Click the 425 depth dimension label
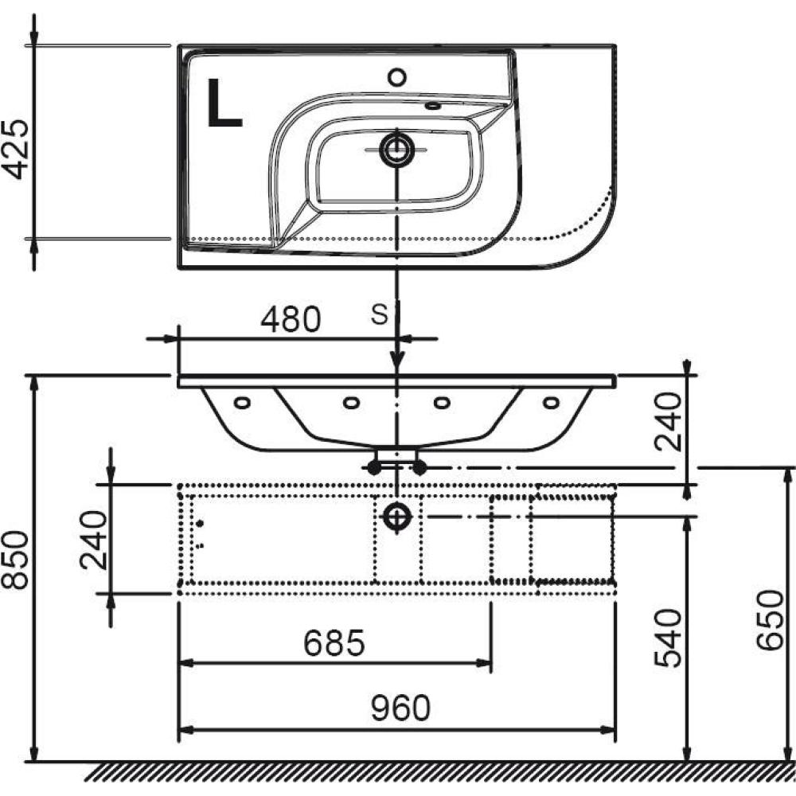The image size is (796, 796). [16, 150]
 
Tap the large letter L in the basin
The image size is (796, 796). [224, 103]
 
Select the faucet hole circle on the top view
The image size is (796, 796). [397, 77]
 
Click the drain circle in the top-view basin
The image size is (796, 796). [397, 150]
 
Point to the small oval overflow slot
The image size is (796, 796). [433, 106]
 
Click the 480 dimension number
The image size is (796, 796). [291, 319]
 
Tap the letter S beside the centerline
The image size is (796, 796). [379, 314]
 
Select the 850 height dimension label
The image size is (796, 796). [14, 559]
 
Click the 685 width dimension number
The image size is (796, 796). [334, 642]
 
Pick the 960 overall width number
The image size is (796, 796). [400, 708]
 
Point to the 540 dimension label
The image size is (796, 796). [668, 638]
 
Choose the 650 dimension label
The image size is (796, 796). [770, 620]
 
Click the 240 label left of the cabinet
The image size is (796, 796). [95, 540]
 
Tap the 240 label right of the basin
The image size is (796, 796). [668, 421]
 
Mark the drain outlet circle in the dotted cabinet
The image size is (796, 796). [397, 517]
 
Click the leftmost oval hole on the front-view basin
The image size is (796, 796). [242, 403]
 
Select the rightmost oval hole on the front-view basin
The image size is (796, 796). [551, 403]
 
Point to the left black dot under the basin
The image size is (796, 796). [374, 468]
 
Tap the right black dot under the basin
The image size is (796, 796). [419, 468]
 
